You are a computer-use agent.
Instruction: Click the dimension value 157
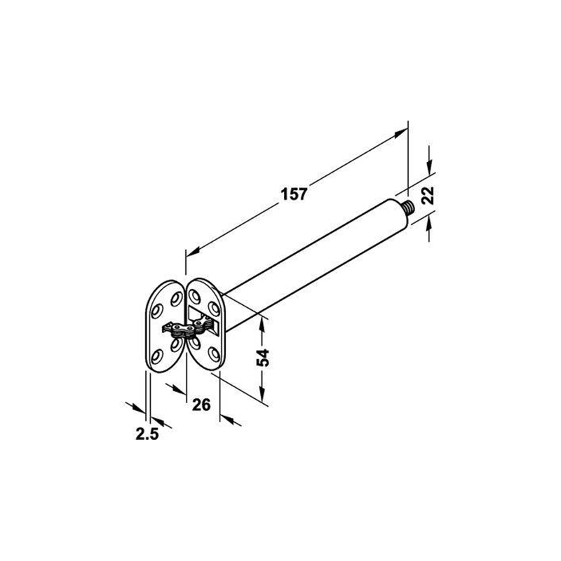click(x=294, y=194)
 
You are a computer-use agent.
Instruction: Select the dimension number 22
click(x=427, y=196)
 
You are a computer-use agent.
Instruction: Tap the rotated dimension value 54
click(x=263, y=358)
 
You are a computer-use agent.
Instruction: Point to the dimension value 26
click(x=201, y=405)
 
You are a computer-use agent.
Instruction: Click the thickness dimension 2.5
click(x=147, y=434)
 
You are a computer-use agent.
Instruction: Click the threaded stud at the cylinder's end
click(x=408, y=206)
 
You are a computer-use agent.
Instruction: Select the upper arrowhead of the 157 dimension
click(x=400, y=133)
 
